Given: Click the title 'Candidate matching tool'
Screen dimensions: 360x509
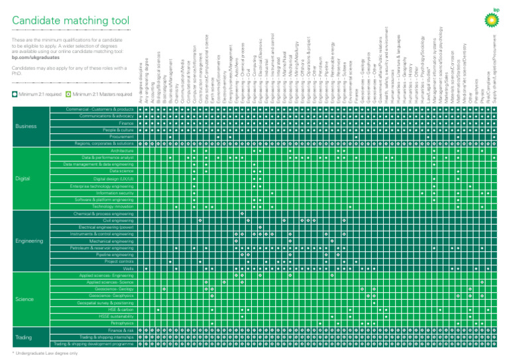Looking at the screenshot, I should click(x=71, y=21).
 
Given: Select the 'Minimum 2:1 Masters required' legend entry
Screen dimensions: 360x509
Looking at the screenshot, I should click(x=99, y=94).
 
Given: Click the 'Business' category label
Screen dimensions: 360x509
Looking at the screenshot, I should click(x=27, y=126).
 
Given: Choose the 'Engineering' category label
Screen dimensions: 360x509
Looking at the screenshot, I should click(x=30, y=241).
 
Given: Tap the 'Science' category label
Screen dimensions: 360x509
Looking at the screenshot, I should click(x=25, y=298).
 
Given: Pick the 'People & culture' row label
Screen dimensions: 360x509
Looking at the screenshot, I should click(x=117, y=129).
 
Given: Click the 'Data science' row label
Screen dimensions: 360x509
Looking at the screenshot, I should click(x=121, y=171).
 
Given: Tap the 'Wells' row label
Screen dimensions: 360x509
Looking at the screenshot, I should click(x=129, y=269).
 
